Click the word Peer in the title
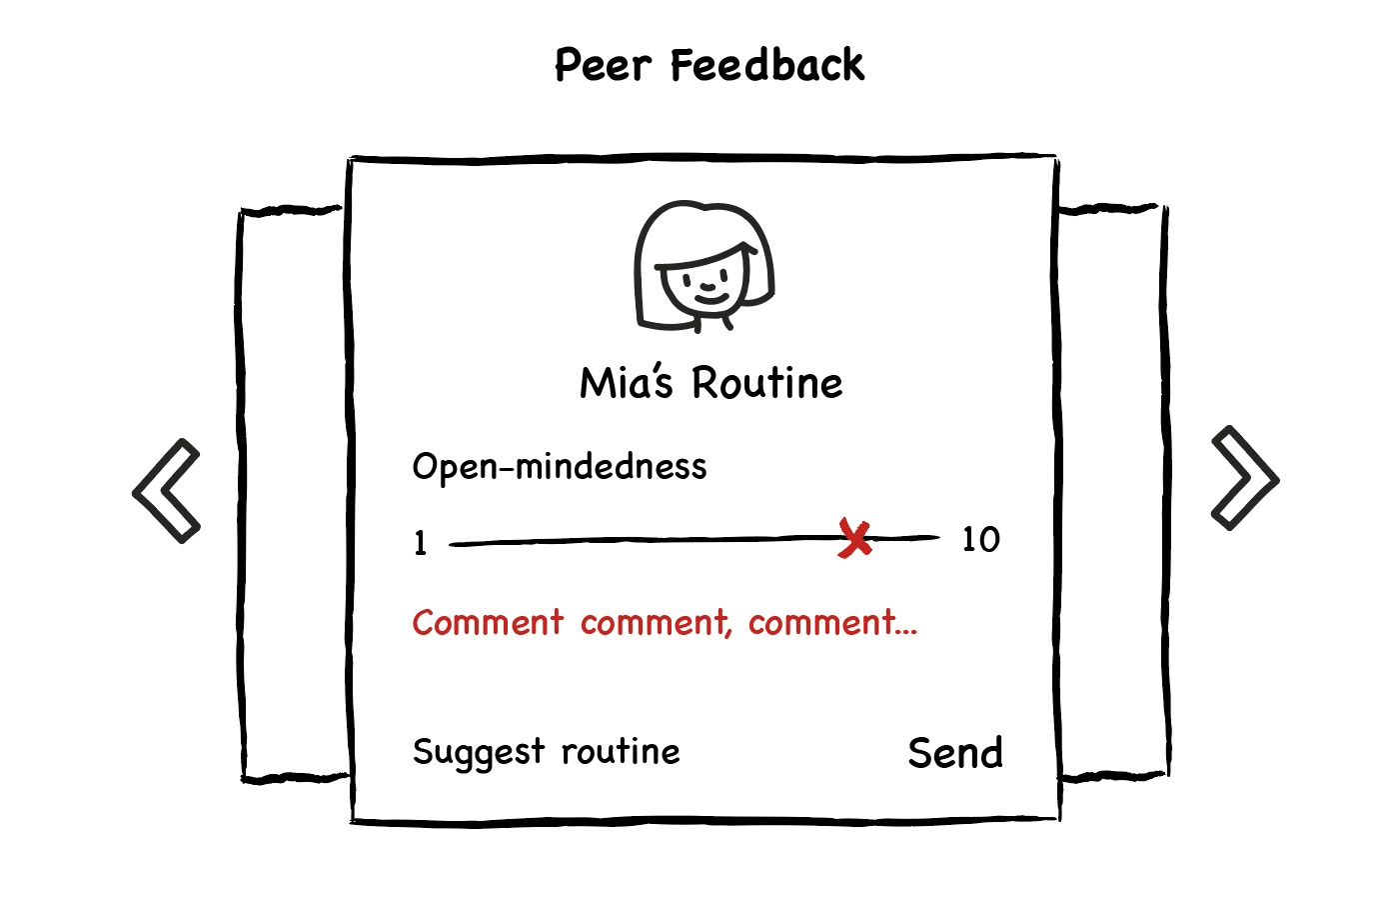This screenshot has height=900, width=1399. [x=603, y=66]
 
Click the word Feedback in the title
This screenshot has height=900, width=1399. [x=766, y=66]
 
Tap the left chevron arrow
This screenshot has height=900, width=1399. [x=167, y=491]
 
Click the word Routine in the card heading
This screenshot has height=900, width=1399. [x=767, y=384]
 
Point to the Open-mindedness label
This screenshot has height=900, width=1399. [x=560, y=467]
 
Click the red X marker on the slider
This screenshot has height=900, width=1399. [x=855, y=539]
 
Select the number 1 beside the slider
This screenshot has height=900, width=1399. [x=421, y=543]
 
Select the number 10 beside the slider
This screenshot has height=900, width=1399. [x=980, y=540]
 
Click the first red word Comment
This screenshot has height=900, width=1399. [x=489, y=623]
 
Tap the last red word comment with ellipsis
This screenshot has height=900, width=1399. [x=832, y=623]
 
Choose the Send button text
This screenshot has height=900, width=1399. [x=955, y=753]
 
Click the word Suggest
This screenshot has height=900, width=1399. [x=479, y=753]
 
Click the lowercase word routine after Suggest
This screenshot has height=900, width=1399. [x=621, y=751]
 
